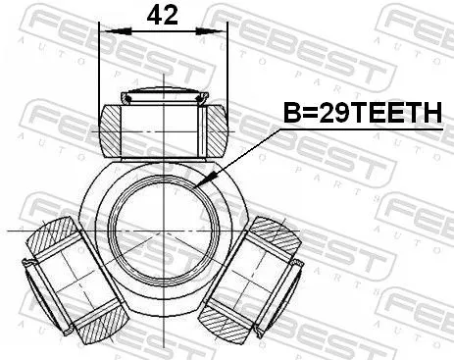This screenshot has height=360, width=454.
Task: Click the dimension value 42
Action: pos(163,15)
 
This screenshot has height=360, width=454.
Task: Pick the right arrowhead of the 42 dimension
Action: pos(224,33)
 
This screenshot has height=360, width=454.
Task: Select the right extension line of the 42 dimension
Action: pos(227,69)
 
